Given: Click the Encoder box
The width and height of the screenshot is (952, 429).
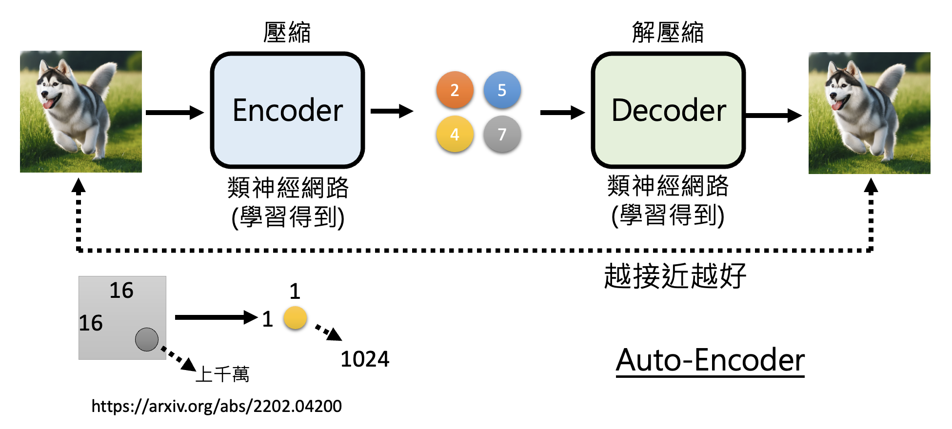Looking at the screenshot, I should (287, 110).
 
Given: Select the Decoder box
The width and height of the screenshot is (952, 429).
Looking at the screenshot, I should (668, 110).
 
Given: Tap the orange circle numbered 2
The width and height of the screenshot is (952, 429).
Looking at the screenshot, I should (455, 90).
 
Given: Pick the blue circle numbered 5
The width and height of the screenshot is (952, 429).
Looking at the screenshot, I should (502, 90).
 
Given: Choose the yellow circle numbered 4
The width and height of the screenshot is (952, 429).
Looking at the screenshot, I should (455, 134).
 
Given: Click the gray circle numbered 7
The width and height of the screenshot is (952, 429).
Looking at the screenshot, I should (502, 134).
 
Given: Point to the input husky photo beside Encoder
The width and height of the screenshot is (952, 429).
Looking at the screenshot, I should (81, 112).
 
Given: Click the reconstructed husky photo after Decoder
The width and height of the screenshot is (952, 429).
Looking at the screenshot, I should (869, 113).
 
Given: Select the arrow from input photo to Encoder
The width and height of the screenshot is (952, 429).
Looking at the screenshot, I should (174, 113).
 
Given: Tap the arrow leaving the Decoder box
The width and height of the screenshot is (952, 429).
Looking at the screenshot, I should (773, 116).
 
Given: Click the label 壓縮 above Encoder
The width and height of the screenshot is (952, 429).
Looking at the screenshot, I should (287, 33).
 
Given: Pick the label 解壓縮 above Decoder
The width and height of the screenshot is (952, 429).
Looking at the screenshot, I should (668, 33).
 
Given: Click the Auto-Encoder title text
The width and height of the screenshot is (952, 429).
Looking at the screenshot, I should (710, 360).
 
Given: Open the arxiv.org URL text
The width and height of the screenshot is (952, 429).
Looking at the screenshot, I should (217, 406).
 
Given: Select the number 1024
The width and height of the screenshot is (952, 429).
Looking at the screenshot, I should (365, 359).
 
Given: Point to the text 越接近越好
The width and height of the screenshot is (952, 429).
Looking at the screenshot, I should (675, 276).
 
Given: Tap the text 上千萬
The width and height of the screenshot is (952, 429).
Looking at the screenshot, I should (222, 374).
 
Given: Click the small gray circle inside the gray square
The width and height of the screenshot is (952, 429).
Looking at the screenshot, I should (147, 339).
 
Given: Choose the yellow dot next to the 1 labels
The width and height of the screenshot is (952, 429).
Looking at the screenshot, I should (295, 318).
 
